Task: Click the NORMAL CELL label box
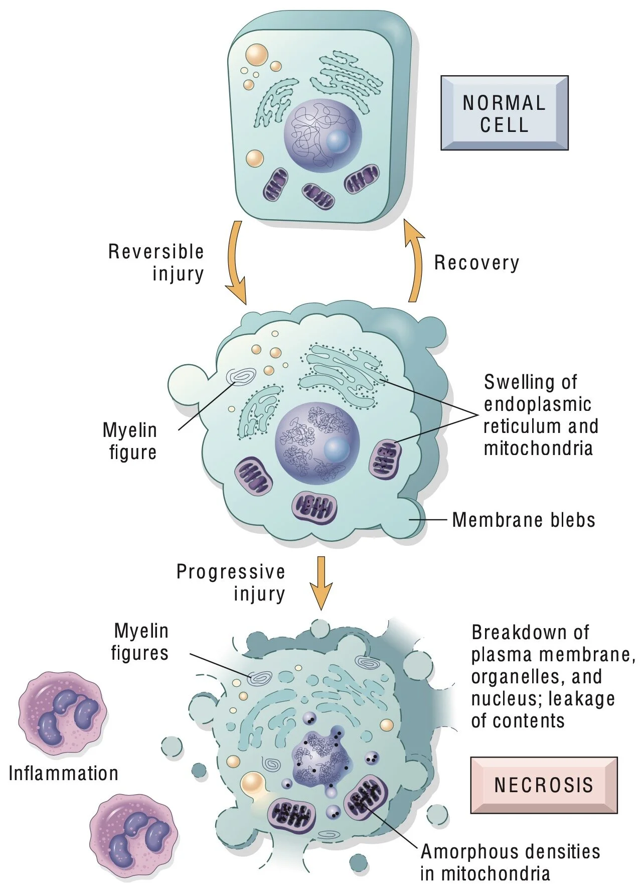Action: click(x=504, y=113)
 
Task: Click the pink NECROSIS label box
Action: click(x=544, y=785)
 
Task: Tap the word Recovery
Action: click(x=476, y=263)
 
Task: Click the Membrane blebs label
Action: click(x=524, y=520)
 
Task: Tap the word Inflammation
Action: click(x=64, y=773)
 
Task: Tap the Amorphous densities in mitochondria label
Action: click(x=510, y=862)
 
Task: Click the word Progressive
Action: click(x=231, y=572)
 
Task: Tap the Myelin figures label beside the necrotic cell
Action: click(x=140, y=642)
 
